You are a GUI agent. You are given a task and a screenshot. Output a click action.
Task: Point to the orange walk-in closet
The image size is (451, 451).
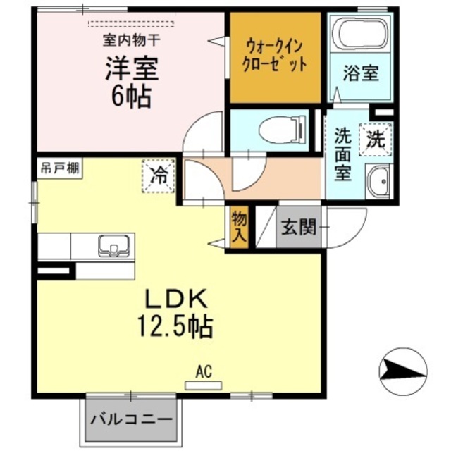pyautogui.click(x=276, y=56)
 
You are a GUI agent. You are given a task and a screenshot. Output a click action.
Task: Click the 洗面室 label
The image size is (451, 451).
pyautogui.click(x=342, y=153)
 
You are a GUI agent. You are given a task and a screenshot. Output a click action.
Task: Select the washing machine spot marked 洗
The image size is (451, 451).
pyautogui.click(x=376, y=138)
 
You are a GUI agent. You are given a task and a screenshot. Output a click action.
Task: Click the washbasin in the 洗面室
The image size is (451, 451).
pyautogui.click(x=381, y=183)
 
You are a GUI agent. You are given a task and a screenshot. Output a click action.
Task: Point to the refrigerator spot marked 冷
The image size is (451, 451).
pyautogui.click(x=159, y=175)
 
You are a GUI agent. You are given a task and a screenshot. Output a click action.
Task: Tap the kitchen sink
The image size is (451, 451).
pyautogui.click(x=113, y=246)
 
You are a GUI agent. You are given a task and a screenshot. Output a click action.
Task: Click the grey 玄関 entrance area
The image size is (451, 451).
pyautogui.click(x=297, y=228)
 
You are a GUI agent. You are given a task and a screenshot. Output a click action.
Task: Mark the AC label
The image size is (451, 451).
pyautogui.click(x=204, y=372)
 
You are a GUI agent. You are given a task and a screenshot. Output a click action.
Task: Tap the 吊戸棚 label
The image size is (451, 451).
pyautogui.click(x=58, y=169)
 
